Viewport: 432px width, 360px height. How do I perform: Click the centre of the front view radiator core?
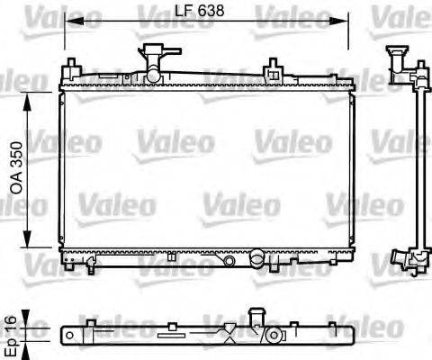[203, 166]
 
